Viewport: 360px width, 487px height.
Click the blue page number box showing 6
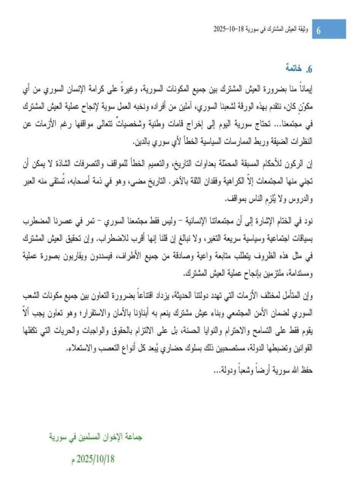[318, 30]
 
